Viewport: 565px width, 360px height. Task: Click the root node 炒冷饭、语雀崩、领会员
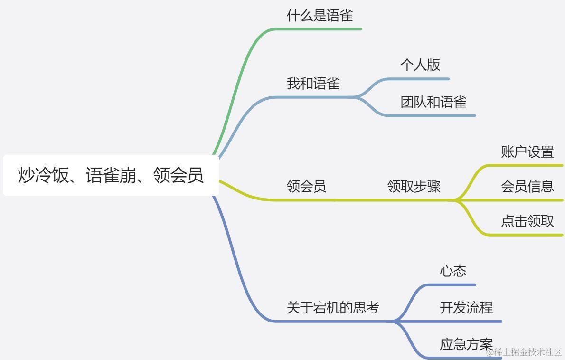click(111, 175)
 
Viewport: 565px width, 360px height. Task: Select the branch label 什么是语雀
click(320, 16)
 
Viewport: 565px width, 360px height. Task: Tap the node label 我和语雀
click(313, 84)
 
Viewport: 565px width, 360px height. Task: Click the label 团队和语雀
click(433, 102)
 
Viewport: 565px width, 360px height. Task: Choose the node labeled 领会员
click(306, 186)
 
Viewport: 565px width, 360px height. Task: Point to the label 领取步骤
click(414, 186)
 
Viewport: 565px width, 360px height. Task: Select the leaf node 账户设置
click(527, 152)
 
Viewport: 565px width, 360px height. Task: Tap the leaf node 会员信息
click(527, 186)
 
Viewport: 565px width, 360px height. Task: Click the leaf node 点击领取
click(527, 221)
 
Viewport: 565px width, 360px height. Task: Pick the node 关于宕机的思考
click(332, 308)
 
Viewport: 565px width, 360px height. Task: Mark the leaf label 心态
click(453, 271)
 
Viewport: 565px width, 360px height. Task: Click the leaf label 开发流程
click(466, 308)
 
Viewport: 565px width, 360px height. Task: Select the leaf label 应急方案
click(466, 344)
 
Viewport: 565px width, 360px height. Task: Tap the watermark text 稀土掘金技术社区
click(527, 352)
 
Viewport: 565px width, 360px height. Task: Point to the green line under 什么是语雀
click(323, 29)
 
